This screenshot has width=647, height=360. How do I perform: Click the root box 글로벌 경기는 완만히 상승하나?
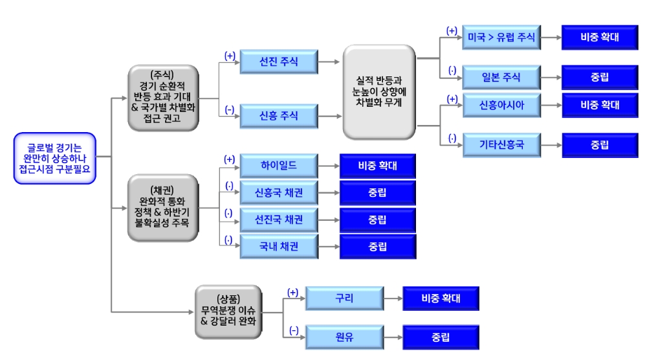(55, 158)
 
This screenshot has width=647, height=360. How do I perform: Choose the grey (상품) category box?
(228, 311)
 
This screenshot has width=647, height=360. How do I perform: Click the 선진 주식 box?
(279, 62)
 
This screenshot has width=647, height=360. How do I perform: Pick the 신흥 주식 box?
(279, 117)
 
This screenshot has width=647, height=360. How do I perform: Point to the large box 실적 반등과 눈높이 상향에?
(378, 91)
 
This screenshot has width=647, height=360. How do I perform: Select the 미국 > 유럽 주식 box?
(501, 38)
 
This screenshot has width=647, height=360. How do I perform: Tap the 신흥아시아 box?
(501, 105)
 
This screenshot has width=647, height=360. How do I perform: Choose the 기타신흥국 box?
(501, 145)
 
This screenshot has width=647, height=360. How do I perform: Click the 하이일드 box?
(279, 166)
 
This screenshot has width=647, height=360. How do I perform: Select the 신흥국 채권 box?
(279, 193)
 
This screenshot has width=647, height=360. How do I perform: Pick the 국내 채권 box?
(279, 247)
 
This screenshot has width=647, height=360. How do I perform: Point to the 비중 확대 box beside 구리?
(441, 298)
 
